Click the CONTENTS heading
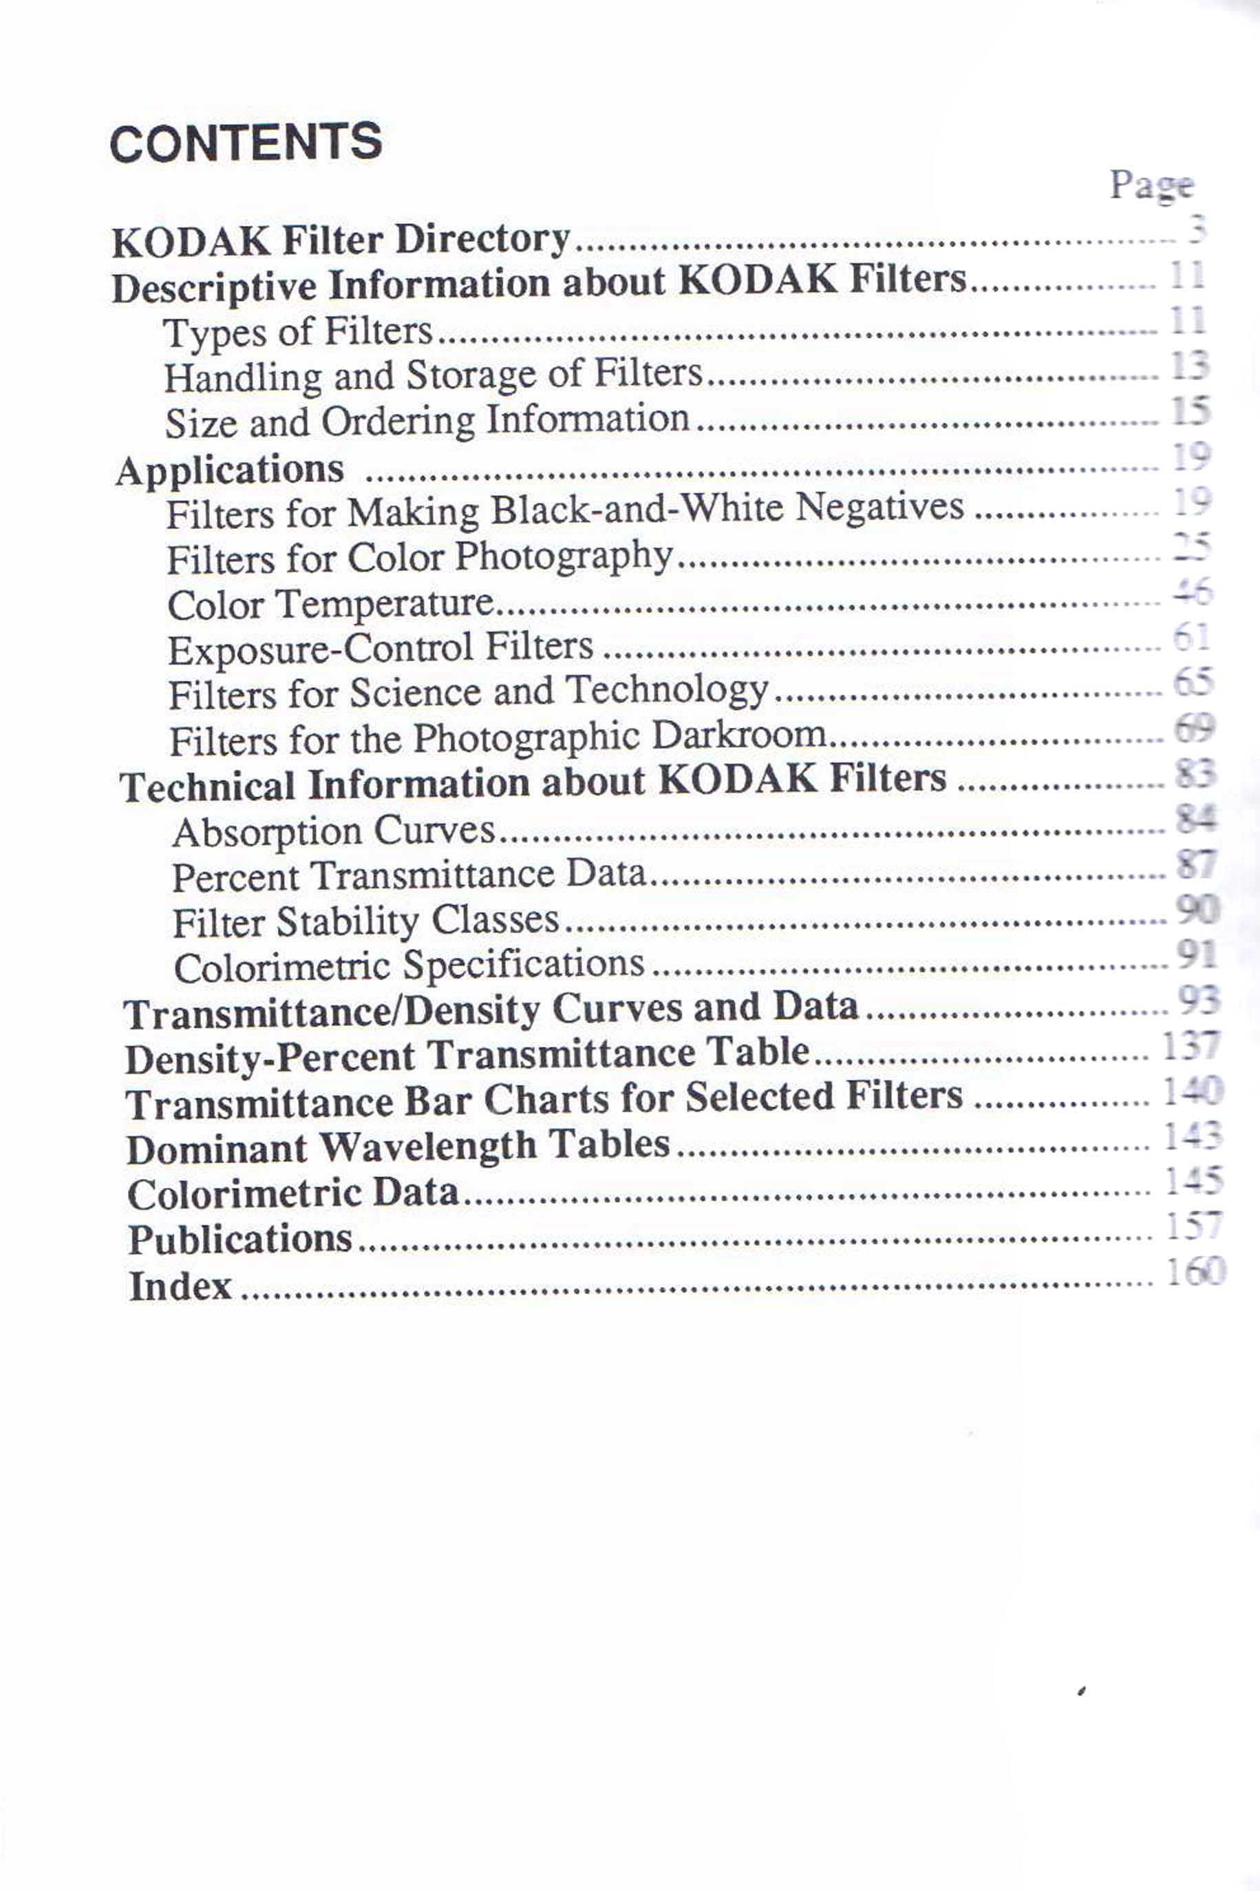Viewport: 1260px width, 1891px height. click(245, 143)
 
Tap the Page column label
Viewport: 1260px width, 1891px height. click(1151, 187)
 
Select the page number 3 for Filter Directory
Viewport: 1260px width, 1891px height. click(1197, 230)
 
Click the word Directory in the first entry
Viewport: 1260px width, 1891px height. click(482, 239)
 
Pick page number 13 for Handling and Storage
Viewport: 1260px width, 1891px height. click(1189, 366)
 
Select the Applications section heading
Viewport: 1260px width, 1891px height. click(230, 470)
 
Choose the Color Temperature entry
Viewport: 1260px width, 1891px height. click(330, 603)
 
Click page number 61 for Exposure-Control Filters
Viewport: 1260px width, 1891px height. click(1191, 638)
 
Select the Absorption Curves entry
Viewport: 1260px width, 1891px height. click(334, 831)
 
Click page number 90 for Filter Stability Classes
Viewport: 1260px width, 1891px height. click(1197, 909)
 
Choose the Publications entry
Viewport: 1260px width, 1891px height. click(240, 1239)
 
